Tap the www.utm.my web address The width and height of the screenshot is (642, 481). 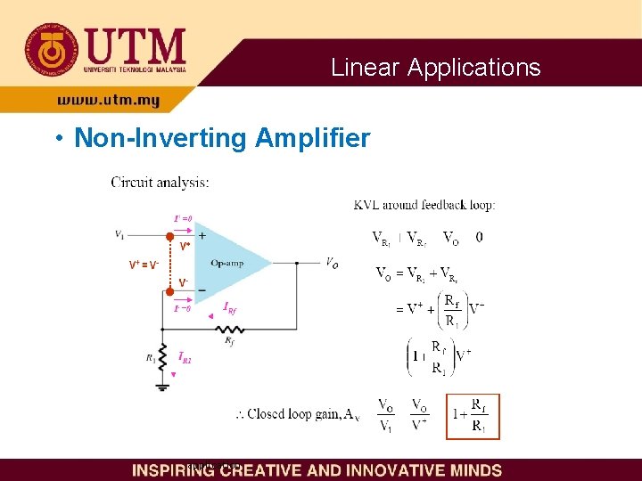tap(108, 101)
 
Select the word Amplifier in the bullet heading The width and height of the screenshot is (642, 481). tap(312, 138)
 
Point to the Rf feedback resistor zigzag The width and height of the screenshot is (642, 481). tap(231, 328)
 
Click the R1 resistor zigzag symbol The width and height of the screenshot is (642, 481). tap(163, 357)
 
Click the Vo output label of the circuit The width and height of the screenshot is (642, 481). tap(332, 263)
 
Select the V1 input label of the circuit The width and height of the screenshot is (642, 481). tap(120, 234)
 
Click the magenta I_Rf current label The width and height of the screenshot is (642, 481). tap(230, 308)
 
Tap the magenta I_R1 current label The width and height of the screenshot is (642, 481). tap(185, 357)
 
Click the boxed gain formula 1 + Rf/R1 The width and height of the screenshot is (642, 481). tap(473, 416)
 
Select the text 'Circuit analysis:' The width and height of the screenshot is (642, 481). tap(160, 183)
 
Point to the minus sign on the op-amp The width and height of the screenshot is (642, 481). tap(202, 290)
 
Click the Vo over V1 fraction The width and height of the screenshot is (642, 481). tap(386, 416)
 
